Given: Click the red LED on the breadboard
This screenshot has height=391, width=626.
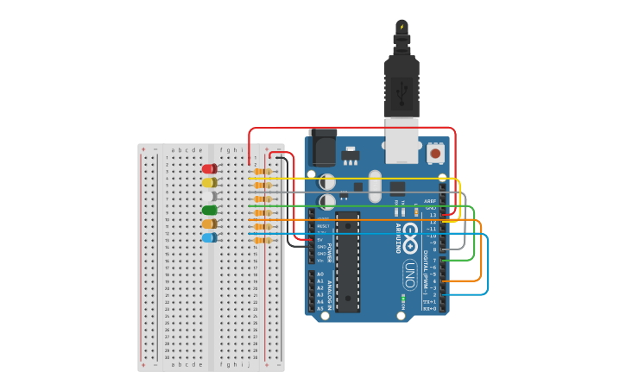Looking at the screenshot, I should (209, 169).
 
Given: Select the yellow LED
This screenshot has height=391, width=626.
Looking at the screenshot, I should (209, 182).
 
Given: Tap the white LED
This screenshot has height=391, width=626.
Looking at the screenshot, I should (210, 196).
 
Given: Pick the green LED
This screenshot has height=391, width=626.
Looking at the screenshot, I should (209, 210).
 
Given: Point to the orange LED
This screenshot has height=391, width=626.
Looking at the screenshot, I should (209, 224).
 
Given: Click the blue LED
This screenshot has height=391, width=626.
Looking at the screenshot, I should (209, 237).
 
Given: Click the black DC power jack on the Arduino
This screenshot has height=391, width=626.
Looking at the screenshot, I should (322, 148).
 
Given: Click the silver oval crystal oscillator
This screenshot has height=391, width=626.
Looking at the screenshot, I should (374, 186).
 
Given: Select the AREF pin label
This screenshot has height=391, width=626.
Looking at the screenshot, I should (430, 200).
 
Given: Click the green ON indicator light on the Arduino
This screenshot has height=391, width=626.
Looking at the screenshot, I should (402, 300).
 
